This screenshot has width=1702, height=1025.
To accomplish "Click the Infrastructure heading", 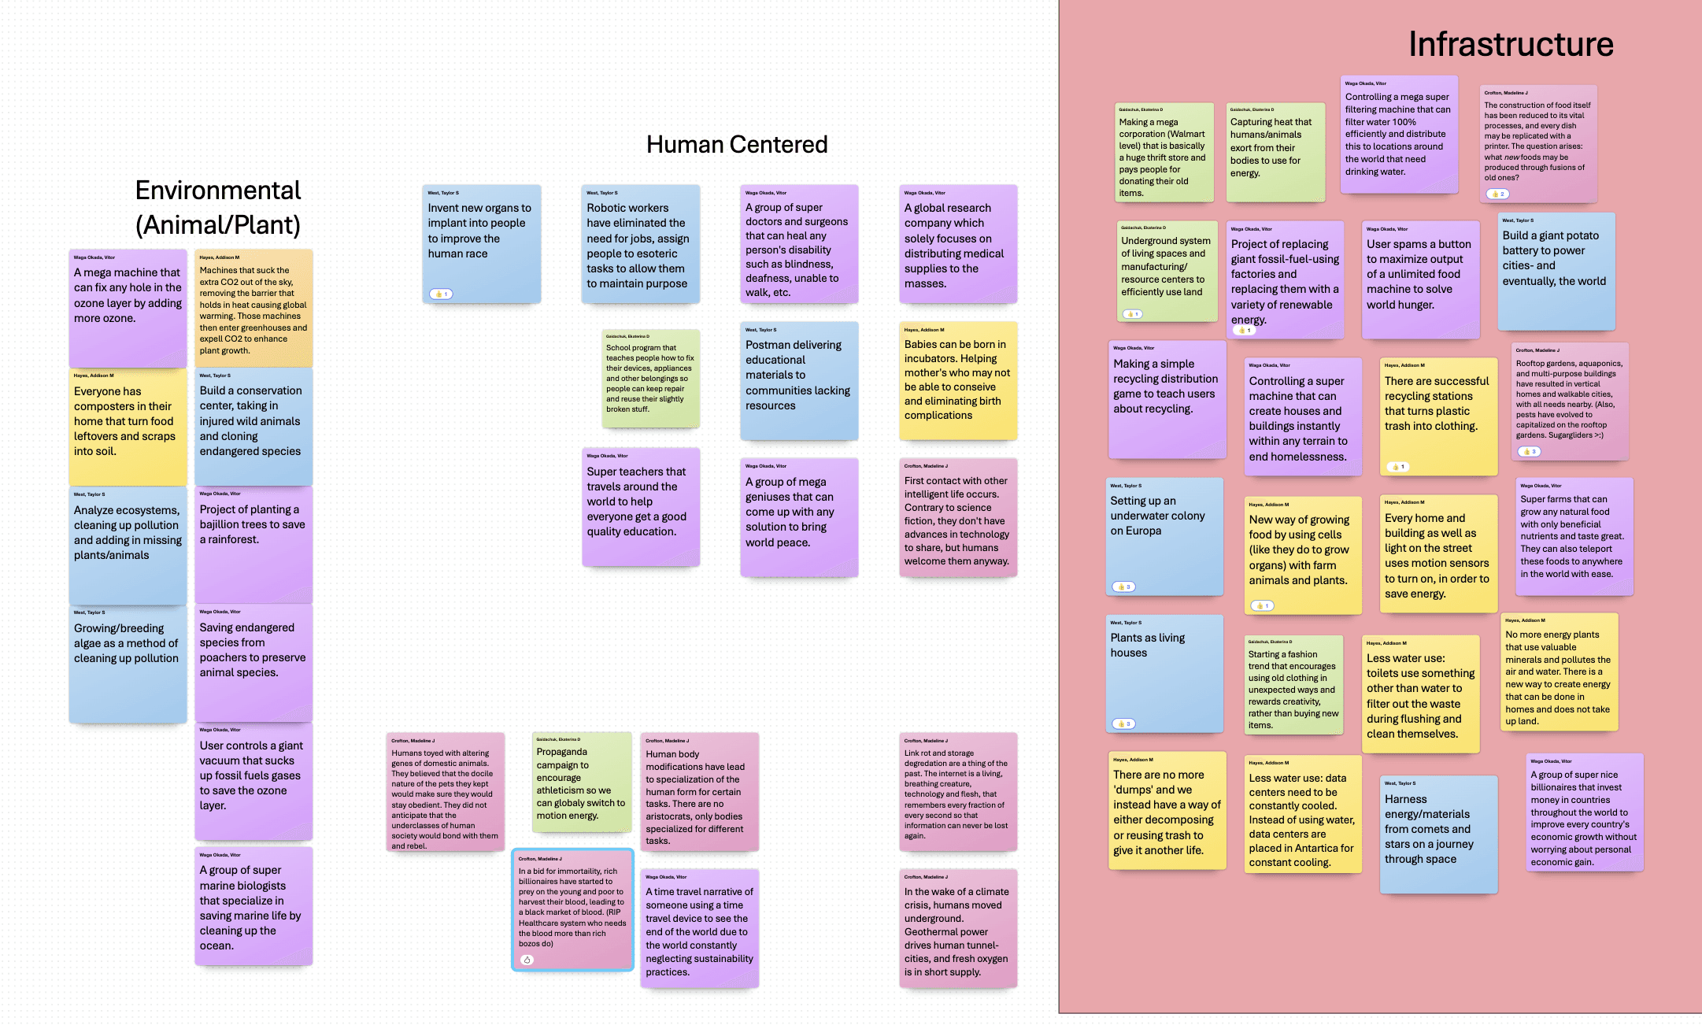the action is coord(1510,44).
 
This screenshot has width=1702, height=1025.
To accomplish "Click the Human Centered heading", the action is coord(736,144).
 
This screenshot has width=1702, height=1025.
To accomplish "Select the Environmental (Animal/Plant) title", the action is coord(218,207).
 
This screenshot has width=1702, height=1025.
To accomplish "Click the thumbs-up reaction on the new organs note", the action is coord(441,294).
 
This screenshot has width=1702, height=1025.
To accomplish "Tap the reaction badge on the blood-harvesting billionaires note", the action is coord(527,960).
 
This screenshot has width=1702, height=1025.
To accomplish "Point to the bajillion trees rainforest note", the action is coord(253,544).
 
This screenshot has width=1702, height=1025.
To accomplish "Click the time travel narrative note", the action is coord(699,928).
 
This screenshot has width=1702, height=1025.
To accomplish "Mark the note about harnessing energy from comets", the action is coord(1438,834).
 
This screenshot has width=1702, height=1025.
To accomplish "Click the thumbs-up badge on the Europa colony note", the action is coord(1123,587).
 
